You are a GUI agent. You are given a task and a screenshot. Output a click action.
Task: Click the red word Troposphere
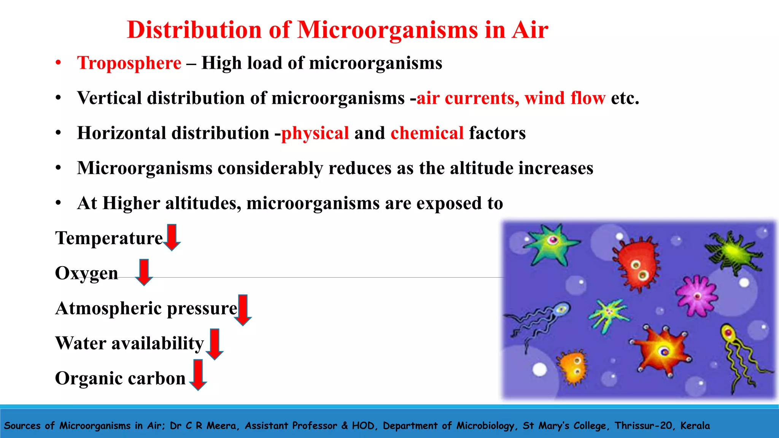coord(129,63)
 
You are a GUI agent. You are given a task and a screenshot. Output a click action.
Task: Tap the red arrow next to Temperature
coord(172,237)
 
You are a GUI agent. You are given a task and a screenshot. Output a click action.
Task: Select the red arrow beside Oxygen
coord(144,272)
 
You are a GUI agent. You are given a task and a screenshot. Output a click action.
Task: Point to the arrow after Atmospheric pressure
coord(242,310)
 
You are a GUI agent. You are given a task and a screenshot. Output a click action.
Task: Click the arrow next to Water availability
coord(215,344)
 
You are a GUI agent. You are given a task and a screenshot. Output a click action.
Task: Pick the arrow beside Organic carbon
coord(198,375)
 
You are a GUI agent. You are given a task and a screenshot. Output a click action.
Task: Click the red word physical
coord(315,133)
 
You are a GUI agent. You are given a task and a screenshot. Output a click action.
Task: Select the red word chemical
coord(427,133)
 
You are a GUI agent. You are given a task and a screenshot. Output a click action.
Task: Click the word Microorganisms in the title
coord(387,30)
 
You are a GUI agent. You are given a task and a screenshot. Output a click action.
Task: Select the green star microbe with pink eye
coord(552,243)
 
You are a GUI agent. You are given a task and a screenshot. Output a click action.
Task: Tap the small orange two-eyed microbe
coord(574,366)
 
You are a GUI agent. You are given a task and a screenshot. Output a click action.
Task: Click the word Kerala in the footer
coord(695,425)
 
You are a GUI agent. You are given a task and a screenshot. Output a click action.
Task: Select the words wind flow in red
coord(564,98)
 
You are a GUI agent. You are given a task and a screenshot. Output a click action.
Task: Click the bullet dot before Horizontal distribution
coord(58,133)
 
